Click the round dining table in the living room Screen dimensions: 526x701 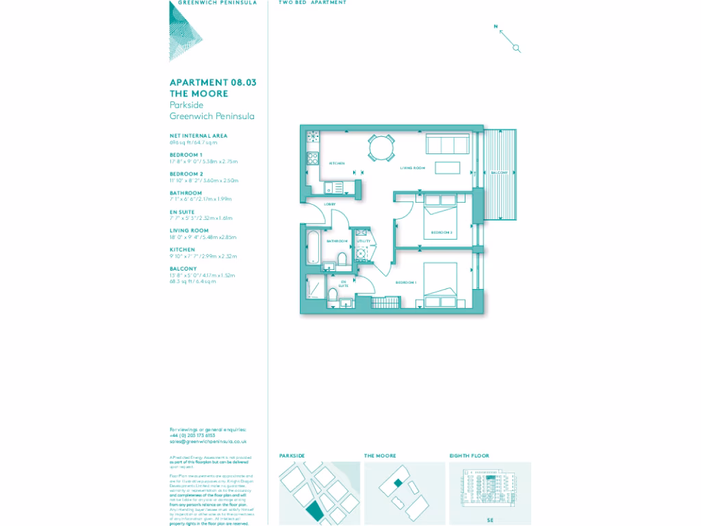tap(381, 147)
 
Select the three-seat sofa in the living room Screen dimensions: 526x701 tap(447, 145)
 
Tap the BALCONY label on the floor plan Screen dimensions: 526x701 tap(500, 173)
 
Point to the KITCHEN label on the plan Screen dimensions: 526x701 tap(336, 164)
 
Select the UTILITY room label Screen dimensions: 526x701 tap(363, 242)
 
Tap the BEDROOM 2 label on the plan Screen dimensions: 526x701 tap(442, 233)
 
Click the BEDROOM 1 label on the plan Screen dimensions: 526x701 tap(405, 282)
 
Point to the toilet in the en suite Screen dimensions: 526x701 tap(333, 295)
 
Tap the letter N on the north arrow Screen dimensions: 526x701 tap(495, 27)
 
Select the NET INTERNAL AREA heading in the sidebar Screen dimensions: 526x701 tap(198, 136)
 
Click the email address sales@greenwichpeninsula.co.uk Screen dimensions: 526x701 tap(207, 442)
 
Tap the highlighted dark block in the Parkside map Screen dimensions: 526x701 tap(314, 510)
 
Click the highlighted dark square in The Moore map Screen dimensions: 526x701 tap(398, 484)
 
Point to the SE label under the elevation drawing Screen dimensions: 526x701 tap(489, 521)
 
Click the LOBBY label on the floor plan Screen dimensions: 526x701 tap(329, 204)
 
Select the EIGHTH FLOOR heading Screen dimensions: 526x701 tap(469, 455)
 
